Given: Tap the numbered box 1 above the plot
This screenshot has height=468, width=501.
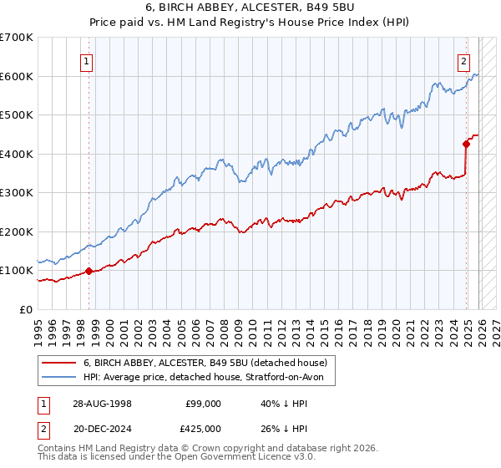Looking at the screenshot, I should point(88,59).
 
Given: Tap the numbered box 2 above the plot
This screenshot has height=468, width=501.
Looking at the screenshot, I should point(463,59).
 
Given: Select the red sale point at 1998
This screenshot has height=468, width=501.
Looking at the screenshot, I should point(89,271).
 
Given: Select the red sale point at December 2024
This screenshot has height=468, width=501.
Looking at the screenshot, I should point(467,144).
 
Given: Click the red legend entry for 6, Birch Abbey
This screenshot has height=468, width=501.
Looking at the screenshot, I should point(209,363).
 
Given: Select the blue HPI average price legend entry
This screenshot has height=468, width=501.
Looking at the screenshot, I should point(209,378).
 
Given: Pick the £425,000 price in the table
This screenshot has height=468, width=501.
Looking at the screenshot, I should point(203,430).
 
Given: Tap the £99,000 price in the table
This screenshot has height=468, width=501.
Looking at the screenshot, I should point(203,404).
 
